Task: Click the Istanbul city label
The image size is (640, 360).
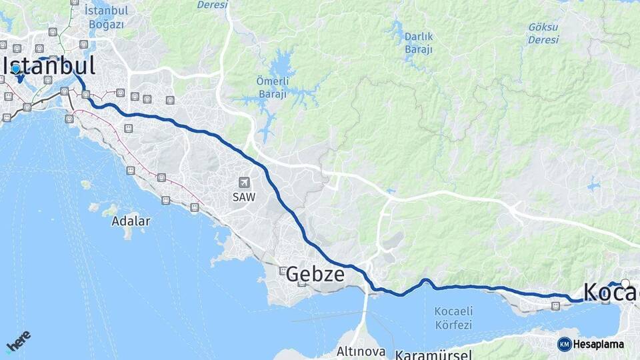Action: pos(51,65)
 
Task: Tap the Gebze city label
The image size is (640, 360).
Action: pos(315,274)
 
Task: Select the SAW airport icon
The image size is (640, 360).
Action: pos(244,183)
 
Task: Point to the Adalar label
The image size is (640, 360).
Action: pos(131,221)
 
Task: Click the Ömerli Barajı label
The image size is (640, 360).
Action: pos(271,87)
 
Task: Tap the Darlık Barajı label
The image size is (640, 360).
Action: pos(419,43)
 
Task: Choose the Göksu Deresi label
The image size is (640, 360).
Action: pos(543,33)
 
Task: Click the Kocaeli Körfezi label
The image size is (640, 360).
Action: pos(453,318)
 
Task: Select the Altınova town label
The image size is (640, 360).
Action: pos(360,351)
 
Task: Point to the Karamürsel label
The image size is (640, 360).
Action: pos(433,354)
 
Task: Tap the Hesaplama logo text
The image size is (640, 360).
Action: pos(598,344)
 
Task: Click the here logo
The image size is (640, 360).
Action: pos(18,341)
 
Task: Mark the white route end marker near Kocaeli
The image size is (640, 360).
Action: pos(625,283)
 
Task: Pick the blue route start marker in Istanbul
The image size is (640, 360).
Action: pos(15,69)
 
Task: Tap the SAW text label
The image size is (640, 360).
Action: pos(244,197)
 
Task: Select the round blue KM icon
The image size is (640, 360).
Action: pos(564,344)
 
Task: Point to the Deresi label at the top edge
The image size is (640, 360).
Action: pos(212,5)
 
